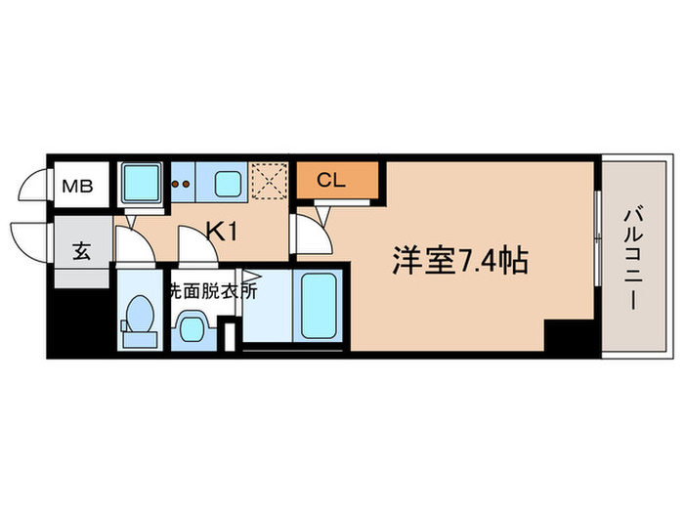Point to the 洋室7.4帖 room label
[460, 261]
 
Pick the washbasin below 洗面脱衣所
[191, 327]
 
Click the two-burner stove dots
[180, 183]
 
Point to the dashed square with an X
[268, 181]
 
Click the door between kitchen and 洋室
[309, 232]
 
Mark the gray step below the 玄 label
[79, 278]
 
